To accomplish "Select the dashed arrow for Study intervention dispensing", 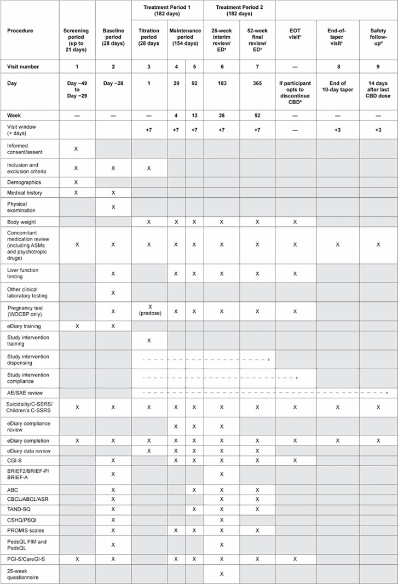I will [206, 359].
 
